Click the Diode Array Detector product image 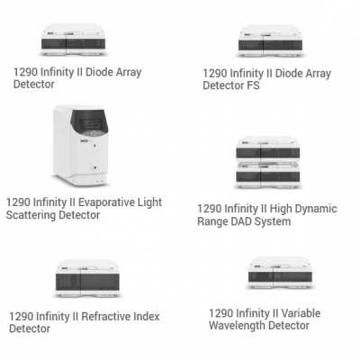point(74,40)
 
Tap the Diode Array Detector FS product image point(270,41)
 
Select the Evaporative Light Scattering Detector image point(81,145)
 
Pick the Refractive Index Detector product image point(87,278)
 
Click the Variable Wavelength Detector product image point(280,273)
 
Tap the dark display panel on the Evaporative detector point(90,121)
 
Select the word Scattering point(31,215)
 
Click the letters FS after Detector point(253,85)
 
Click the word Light point(149,202)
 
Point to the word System point(273,221)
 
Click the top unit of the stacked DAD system point(268,149)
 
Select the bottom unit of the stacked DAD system point(268,175)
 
